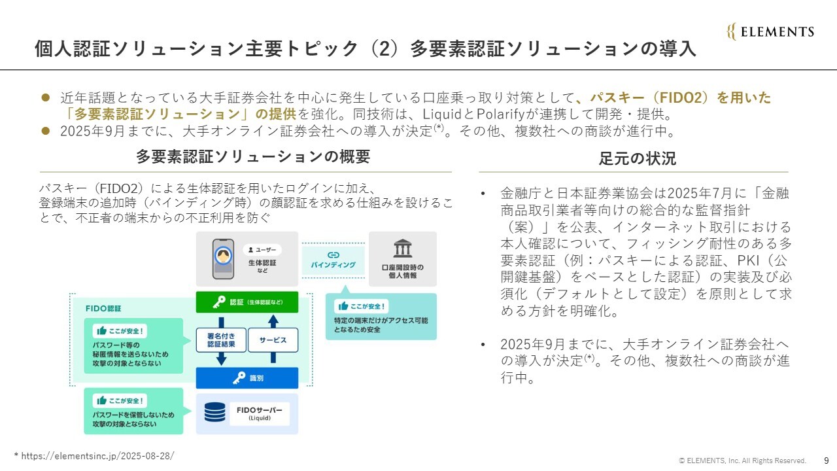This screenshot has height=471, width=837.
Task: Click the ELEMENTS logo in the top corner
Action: (770, 31)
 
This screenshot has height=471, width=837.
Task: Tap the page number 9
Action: (827, 461)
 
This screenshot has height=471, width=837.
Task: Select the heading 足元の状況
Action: (637, 158)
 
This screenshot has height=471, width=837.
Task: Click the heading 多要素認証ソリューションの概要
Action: (253, 156)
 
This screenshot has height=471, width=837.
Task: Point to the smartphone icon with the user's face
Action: (223, 259)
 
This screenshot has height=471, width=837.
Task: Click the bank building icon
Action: (402, 249)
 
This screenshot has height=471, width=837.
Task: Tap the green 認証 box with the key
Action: (247, 302)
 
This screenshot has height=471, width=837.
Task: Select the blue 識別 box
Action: (247, 378)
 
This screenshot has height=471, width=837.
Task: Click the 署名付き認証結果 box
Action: (221, 340)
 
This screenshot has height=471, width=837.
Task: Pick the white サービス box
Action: (273, 340)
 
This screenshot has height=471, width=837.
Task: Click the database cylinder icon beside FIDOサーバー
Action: (215, 412)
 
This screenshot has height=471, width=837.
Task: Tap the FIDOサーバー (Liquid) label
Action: (260, 413)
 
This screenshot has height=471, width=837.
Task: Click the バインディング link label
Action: (333, 260)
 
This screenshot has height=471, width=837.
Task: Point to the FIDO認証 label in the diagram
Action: (103, 308)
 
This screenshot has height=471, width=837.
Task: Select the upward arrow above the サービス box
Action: (273, 321)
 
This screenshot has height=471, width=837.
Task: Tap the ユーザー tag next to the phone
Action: (262, 250)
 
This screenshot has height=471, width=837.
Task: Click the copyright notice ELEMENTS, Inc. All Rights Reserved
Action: (742, 461)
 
